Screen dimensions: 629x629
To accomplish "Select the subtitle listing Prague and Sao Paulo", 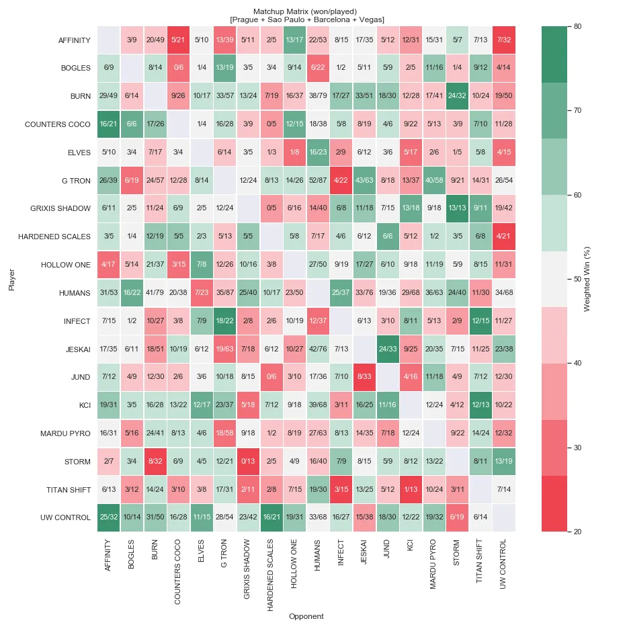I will [x=306, y=20].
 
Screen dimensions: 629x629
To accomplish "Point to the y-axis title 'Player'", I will [x=11, y=279].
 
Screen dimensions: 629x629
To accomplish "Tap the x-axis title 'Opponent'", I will [x=306, y=616].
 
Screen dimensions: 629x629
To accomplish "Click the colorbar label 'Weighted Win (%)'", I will [x=587, y=279].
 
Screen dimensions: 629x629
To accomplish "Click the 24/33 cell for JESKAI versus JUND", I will [x=388, y=349].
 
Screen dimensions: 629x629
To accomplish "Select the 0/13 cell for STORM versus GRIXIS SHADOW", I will [x=248, y=462].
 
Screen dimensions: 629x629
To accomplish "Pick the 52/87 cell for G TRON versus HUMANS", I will [x=318, y=181].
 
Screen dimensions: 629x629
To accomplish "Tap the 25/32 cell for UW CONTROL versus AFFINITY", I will [x=109, y=517].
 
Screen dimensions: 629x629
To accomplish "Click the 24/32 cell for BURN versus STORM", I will [x=458, y=97].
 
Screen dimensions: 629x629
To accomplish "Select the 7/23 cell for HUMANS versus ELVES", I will [x=202, y=293].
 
